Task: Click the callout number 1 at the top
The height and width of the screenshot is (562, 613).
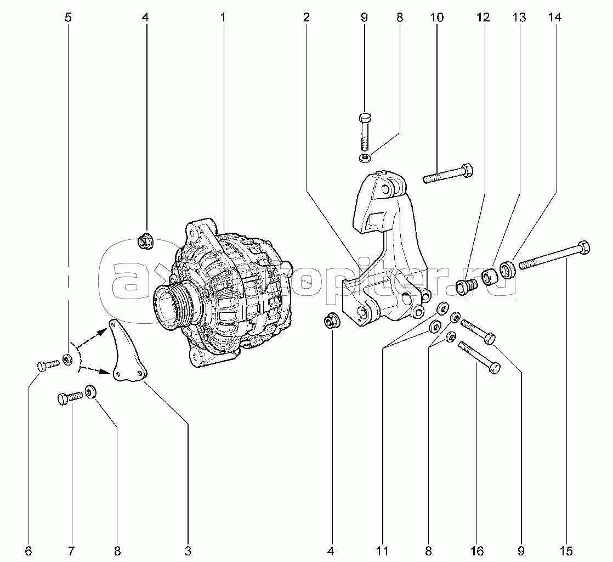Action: (x=223, y=18)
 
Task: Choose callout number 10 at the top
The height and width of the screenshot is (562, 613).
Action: (x=436, y=18)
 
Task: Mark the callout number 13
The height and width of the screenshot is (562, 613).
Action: (x=519, y=18)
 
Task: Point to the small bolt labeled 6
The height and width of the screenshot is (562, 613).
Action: (x=48, y=365)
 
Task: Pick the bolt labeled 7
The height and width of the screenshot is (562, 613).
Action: (x=69, y=397)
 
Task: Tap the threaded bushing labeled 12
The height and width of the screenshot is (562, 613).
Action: (x=466, y=286)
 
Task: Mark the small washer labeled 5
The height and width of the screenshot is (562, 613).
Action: (x=68, y=360)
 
